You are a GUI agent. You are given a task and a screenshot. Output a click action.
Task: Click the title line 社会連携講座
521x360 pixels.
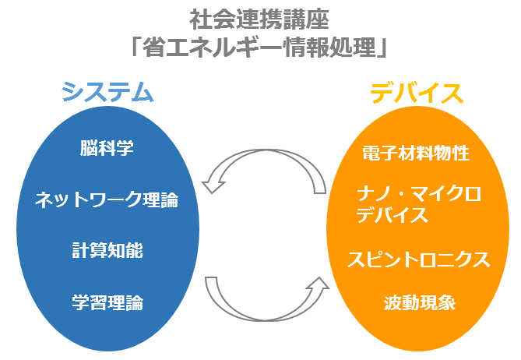259,19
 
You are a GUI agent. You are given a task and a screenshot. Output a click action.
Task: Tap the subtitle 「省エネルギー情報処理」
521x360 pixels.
259,48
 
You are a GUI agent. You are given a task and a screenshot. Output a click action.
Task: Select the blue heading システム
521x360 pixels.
107,92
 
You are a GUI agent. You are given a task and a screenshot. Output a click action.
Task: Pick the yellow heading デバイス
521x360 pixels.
417,94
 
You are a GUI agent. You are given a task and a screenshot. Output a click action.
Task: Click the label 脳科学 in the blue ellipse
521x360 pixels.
107,148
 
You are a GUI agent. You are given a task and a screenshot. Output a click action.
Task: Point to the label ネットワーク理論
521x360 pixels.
107,199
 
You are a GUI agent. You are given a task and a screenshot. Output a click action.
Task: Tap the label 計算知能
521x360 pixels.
107,251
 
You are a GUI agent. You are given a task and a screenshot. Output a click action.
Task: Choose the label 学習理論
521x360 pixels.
107,302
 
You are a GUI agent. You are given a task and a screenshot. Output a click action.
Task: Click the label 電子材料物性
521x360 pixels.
416,153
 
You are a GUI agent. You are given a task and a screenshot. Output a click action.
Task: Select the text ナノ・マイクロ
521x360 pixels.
419,194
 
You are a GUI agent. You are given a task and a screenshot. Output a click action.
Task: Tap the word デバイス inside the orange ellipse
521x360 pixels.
392,215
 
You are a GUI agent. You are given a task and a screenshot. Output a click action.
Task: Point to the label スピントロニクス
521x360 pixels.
419,259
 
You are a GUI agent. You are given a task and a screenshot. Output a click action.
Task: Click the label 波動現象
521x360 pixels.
420,302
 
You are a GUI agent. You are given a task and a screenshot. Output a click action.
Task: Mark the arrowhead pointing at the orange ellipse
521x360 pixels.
319,285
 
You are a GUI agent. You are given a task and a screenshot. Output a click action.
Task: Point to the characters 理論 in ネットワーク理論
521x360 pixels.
161,199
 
